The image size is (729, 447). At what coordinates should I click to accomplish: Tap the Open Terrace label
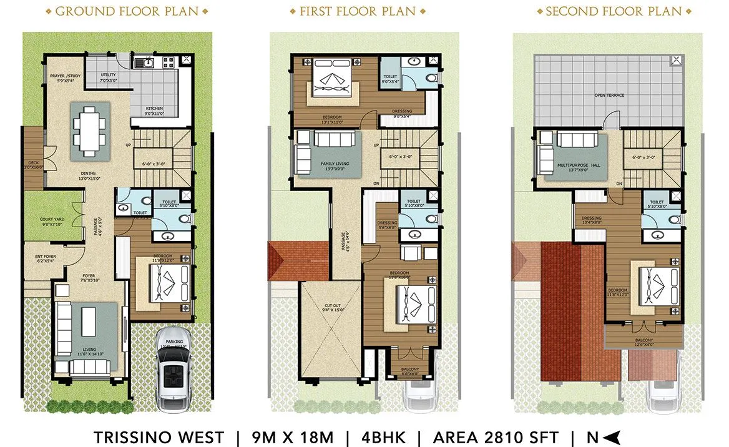[609, 96]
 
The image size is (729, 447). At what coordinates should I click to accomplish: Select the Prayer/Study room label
[65, 77]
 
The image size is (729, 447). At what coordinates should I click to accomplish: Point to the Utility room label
[108, 77]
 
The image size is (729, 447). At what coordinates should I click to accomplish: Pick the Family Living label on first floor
[335, 164]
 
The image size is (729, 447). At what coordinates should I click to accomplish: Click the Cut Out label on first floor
[330, 308]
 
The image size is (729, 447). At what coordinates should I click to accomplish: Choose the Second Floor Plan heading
[614, 11]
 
